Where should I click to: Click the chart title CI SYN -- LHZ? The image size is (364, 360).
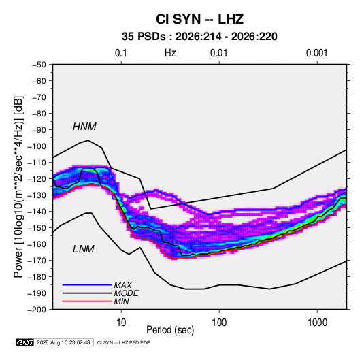pos(199,19)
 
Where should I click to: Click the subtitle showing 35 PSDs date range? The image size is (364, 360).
pos(199,37)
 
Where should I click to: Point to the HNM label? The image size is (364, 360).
pos(84,127)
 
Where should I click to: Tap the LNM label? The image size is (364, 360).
pos(84,249)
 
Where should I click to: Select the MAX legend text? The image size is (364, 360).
pos(122,284)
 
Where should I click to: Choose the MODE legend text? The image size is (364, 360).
pos(126,293)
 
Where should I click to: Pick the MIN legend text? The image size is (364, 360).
pos(121,301)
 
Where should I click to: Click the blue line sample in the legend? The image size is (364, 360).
pos(87,284)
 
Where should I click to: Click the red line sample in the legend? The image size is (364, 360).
pos(87,301)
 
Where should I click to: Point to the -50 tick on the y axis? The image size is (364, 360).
pos(39,65)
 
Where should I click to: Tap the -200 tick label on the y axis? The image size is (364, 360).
pos(37,310)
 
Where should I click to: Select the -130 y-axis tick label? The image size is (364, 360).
pos(37,195)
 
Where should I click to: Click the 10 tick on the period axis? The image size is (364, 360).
pos(121,323)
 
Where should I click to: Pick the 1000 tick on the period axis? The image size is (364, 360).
pos(317,323)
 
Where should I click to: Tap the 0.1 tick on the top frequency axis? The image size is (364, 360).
pos(121,53)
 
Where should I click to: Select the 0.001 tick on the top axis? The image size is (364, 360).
pos(316,53)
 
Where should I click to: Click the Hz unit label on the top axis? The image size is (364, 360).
pos(170,53)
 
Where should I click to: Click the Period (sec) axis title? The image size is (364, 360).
pos(170,330)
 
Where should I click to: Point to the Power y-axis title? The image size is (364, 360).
pos(18,186)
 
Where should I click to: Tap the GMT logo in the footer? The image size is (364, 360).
pos(24,342)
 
